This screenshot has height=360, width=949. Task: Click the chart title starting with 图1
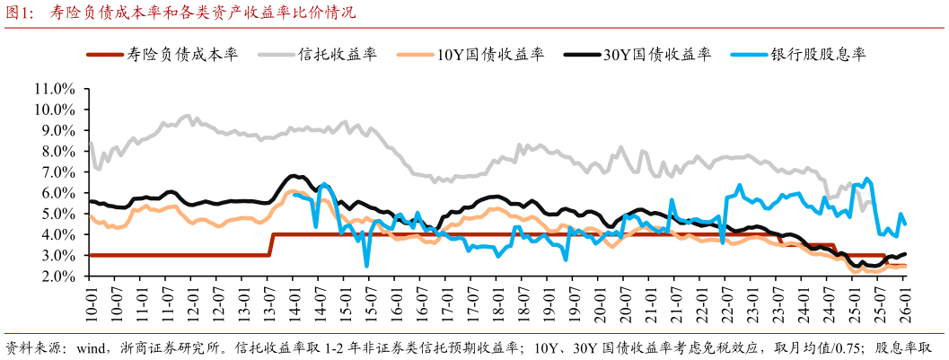[x=180, y=13]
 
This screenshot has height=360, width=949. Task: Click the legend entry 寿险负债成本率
[x=193, y=54]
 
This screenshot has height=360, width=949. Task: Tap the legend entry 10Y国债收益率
[x=490, y=54]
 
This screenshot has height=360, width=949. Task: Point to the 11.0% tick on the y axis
[x=53, y=89]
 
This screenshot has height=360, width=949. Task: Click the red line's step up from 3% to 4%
[x=271, y=245]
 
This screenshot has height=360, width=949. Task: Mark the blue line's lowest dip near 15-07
[x=366, y=265]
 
